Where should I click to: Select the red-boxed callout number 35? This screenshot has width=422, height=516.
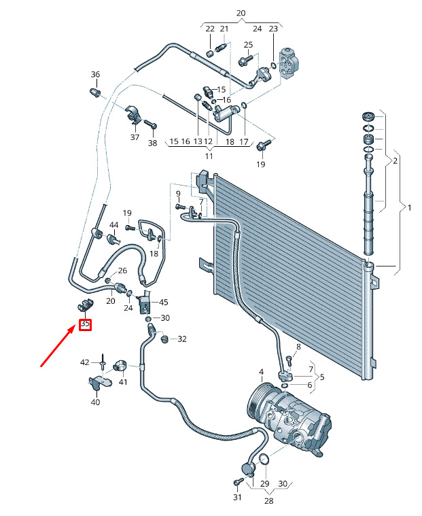pos(85,324)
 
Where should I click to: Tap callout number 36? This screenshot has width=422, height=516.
pos(95,75)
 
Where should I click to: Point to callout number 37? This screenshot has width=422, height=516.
pos(135,137)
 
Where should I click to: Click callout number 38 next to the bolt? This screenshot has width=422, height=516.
pos(152,143)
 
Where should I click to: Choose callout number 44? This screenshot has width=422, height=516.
pos(113,225)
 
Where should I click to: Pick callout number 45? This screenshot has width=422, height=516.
pos(164,303)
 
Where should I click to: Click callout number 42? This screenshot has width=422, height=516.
pos(85,362)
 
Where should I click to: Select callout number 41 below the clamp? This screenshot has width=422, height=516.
pos(123,382)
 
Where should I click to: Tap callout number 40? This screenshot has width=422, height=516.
pos(95,402)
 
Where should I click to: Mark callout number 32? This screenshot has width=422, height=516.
pos(181,339)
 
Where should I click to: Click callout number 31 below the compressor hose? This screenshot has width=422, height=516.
pos(237,497)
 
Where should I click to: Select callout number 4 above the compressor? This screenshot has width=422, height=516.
pos(261,372)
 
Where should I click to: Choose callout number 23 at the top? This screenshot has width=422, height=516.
pos(273,29)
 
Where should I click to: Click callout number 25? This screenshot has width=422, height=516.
pos(248,45)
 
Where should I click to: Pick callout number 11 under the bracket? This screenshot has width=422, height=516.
pos(209,156)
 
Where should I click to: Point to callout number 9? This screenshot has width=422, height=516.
pos(178,194)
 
